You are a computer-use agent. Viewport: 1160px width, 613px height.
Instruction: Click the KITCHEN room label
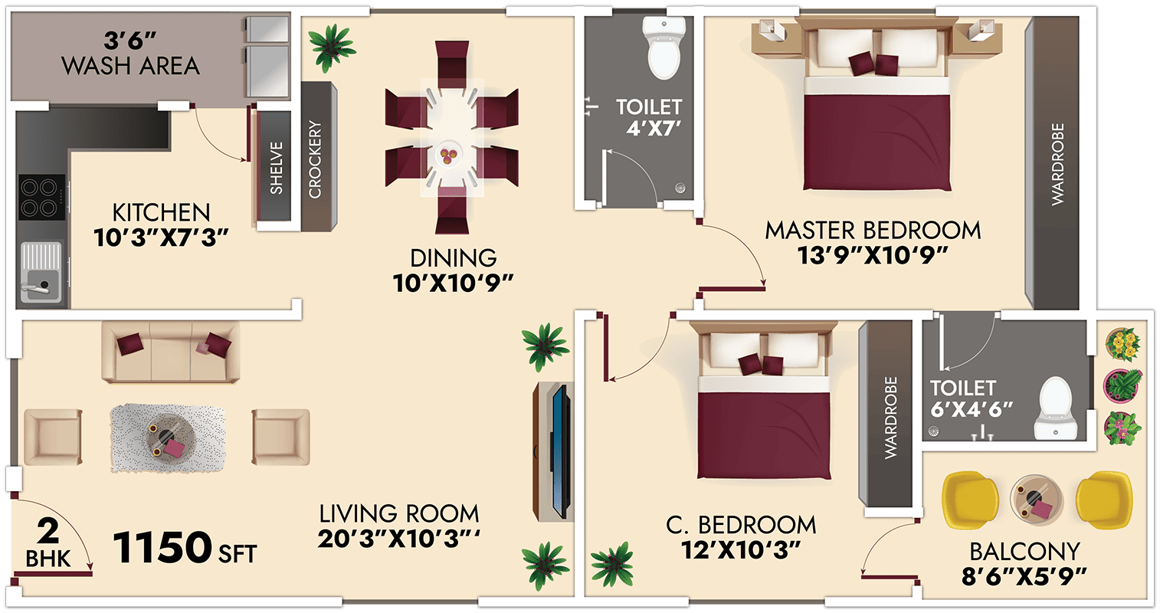(161, 213)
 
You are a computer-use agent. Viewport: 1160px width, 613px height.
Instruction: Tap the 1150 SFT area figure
(185, 547)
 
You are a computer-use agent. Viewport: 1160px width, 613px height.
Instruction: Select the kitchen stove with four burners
(42, 197)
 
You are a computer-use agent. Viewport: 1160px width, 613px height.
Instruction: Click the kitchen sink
(41, 272)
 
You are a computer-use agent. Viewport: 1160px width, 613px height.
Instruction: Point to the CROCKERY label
(315, 159)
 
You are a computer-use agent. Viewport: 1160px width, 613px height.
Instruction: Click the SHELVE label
(277, 169)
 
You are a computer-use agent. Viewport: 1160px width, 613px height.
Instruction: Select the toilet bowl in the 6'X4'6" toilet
(1054, 408)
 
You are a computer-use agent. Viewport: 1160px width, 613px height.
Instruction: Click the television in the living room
(562, 451)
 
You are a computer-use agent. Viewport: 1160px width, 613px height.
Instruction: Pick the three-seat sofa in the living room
(170, 352)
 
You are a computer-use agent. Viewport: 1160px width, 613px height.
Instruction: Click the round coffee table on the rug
(169, 438)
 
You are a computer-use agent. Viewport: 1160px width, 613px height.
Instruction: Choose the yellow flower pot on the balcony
(1122, 344)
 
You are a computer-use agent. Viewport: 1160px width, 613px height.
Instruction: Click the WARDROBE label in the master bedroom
(1058, 164)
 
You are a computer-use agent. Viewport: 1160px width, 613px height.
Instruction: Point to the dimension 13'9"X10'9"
(873, 256)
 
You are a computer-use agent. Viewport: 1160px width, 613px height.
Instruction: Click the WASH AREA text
(130, 66)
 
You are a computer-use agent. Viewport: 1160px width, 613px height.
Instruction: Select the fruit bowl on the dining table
(448, 154)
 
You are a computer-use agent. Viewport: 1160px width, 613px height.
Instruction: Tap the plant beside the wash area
(331, 47)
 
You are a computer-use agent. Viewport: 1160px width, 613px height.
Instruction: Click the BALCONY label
(1025, 552)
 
